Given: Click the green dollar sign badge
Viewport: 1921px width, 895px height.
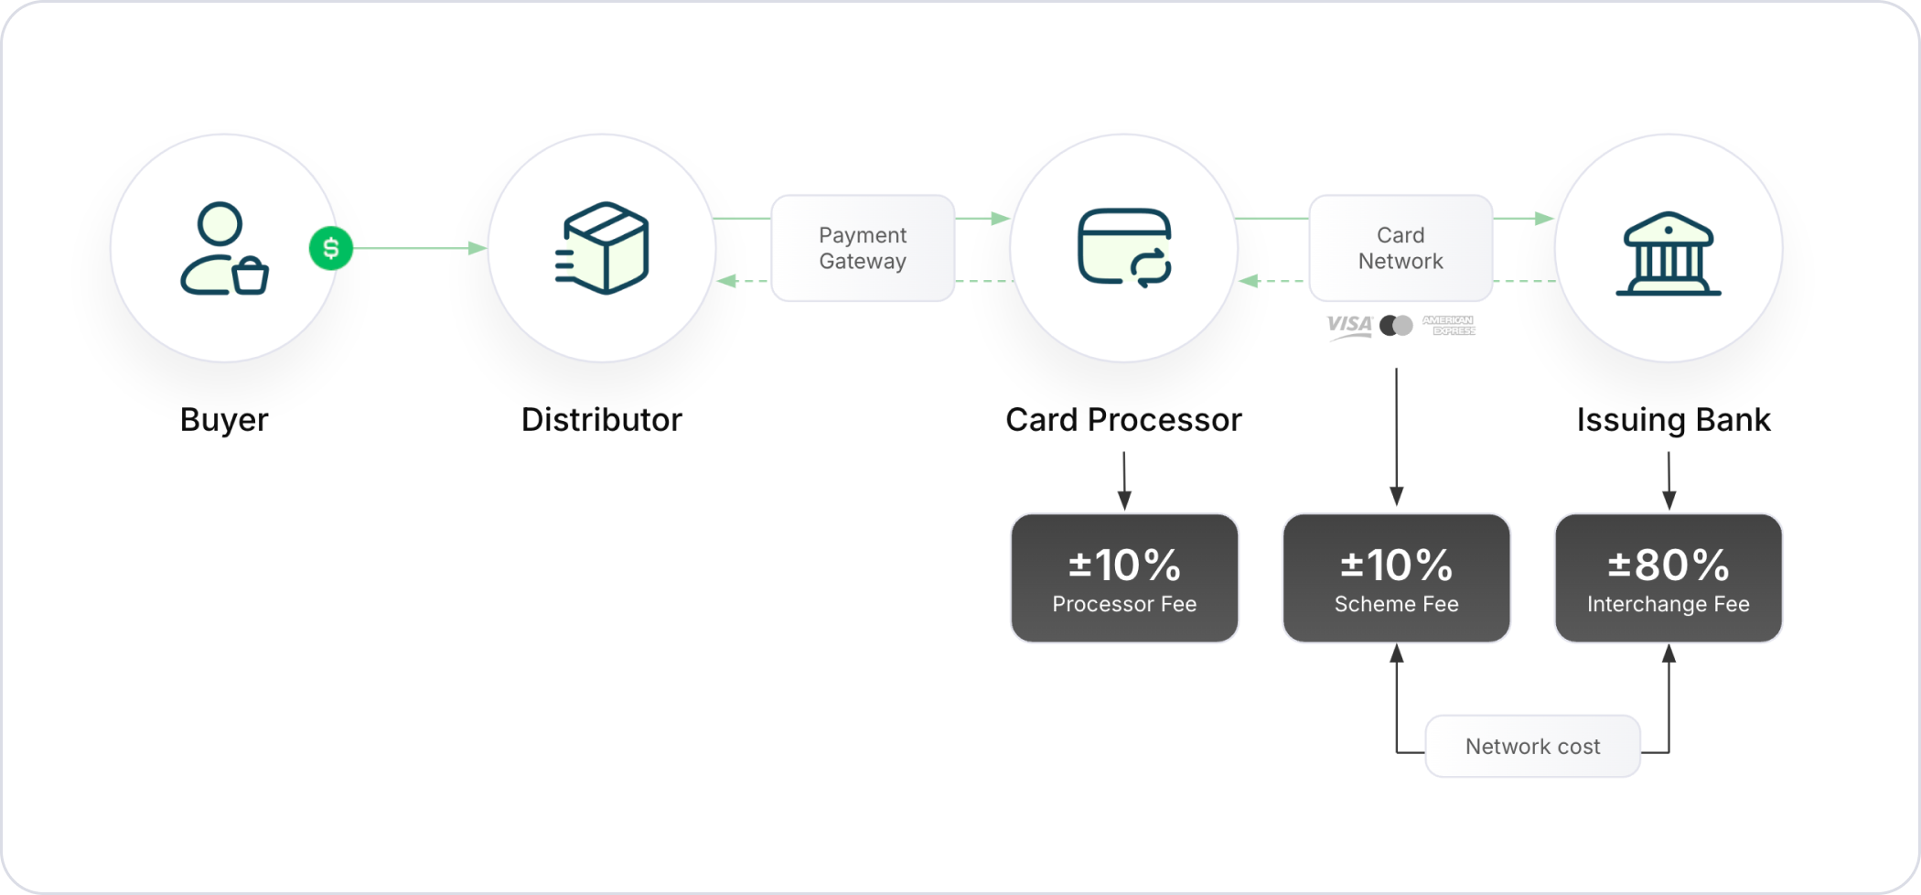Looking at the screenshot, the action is pos(331,248).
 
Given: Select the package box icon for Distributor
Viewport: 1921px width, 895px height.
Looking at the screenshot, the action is pos(602,248).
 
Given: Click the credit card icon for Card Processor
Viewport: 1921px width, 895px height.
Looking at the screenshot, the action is pos(1124,248).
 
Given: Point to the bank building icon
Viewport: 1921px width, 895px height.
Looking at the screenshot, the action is pos(1669,254).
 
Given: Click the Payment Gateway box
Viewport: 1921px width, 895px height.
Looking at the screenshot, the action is pos(863,248).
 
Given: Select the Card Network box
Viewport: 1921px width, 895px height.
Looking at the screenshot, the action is pos(1401,248).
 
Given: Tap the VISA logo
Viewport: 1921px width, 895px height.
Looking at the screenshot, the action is pos(1349,326).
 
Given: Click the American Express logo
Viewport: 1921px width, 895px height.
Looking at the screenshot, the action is pos(1449,325).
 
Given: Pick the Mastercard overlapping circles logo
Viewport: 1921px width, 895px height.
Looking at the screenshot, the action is pos(1396,325).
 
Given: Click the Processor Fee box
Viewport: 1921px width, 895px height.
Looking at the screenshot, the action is pos(1124,577).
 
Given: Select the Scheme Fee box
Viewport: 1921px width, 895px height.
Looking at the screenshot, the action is pos(1397,577).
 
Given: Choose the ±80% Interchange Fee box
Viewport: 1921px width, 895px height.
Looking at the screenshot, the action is pos(1669,577).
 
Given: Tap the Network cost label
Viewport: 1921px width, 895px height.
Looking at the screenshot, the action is pos(1533,747).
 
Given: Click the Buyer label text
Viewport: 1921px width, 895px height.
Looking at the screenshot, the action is pos(224,420).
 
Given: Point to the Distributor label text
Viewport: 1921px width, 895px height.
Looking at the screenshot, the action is pos(602,420).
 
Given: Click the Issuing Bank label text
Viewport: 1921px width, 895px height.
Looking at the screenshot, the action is pos(1674,420).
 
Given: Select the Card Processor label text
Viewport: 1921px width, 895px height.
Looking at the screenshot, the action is pos(1124,420).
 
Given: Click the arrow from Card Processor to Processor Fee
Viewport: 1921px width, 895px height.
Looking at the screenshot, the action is pos(1124,480).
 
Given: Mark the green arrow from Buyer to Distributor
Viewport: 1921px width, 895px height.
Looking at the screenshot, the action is pos(421,248).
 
